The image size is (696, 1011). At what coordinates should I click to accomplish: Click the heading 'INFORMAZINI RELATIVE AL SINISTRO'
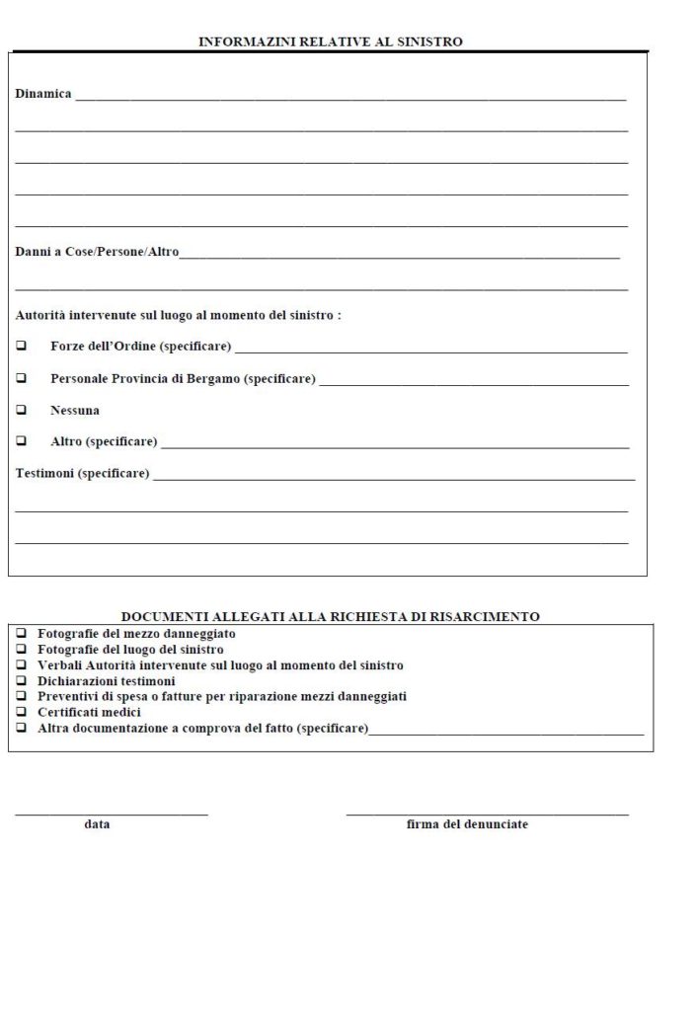point(331,42)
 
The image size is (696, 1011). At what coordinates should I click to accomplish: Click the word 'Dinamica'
point(43,94)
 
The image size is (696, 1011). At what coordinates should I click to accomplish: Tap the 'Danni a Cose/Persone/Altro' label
point(97,252)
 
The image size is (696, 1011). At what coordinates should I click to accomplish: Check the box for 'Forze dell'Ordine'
point(22,347)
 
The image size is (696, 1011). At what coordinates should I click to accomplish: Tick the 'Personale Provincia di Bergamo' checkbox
point(22,378)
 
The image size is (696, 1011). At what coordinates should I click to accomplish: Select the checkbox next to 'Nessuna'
point(22,410)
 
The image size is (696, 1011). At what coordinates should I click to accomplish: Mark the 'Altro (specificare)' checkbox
point(22,441)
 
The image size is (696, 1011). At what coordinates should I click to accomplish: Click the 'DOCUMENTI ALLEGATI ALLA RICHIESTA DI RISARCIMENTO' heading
point(331,616)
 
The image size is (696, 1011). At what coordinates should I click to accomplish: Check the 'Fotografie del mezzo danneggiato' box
point(22,633)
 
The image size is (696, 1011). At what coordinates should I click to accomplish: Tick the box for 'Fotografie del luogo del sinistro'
point(22,649)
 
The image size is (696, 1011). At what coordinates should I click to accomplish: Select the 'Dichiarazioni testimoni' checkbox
point(22,680)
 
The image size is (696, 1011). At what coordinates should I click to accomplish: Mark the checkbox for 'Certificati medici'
point(22,712)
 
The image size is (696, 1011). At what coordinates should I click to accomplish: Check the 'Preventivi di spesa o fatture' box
point(22,696)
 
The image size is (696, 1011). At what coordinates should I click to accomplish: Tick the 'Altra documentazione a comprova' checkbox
point(22,728)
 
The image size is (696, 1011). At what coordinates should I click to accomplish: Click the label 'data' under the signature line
point(97,823)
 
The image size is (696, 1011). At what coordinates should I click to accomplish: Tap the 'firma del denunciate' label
point(467,823)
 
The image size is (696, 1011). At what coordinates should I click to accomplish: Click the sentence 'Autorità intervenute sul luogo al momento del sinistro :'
point(179,315)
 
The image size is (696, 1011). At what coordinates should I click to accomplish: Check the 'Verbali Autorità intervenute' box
point(22,664)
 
